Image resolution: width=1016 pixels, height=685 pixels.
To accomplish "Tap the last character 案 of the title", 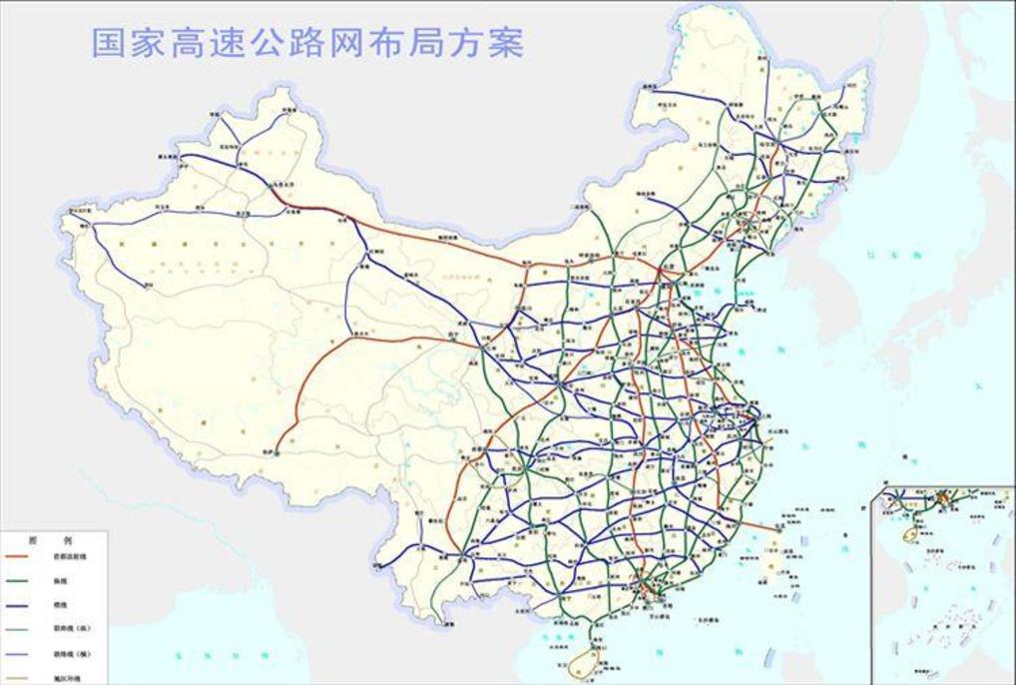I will pos(507,43).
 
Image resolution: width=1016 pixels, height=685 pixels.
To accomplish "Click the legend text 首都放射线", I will pos(70,555).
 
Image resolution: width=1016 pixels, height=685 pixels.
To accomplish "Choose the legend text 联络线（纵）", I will pos(71,629).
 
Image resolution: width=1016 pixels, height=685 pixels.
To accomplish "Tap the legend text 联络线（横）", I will pos(71,654).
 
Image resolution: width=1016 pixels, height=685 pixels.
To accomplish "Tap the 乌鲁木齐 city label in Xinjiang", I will pos(286,185).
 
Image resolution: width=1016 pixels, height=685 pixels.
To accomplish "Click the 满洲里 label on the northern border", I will pos(652,89).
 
